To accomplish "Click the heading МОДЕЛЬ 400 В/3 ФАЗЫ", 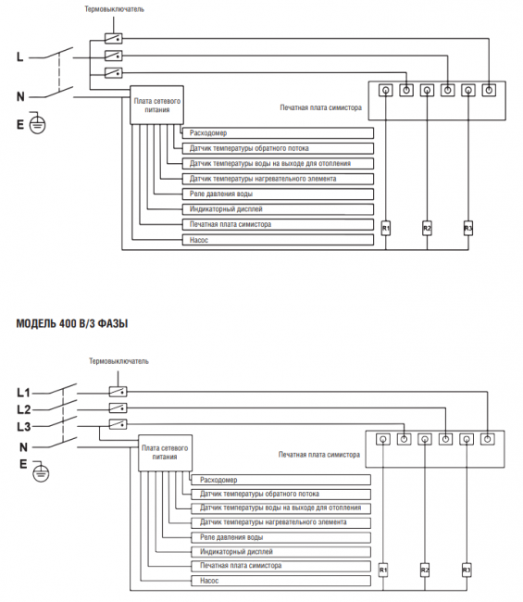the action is [x=72, y=323].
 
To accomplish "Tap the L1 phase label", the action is [x=23, y=393].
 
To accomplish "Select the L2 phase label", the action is [x=24, y=409].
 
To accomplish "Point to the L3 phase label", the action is [x=24, y=426].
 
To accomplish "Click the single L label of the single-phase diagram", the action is [x=20, y=57].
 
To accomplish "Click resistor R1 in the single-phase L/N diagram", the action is [x=386, y=229].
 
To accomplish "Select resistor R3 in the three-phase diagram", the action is [x=467, y=571].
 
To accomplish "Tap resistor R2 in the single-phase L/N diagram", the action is [x=427, y=229].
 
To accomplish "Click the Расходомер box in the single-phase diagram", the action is [x=278, y=133].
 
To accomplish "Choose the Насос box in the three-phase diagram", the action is [x=280, y=581].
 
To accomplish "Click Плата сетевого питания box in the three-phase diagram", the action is [x=165, y=453].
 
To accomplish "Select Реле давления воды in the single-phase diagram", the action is [x=278, y=194].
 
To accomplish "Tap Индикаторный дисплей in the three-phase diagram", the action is [x=280, y=552].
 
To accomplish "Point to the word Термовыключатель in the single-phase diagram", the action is [x=115, y=9].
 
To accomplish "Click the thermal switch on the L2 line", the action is [x=118, y=408].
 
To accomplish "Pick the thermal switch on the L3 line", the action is [x=118, y=424].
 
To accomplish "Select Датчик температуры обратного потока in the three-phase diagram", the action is [x=280, y=495].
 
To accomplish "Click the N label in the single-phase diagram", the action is [x=20, y=96].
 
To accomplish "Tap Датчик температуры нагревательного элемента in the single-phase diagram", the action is [x=278, y=179].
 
